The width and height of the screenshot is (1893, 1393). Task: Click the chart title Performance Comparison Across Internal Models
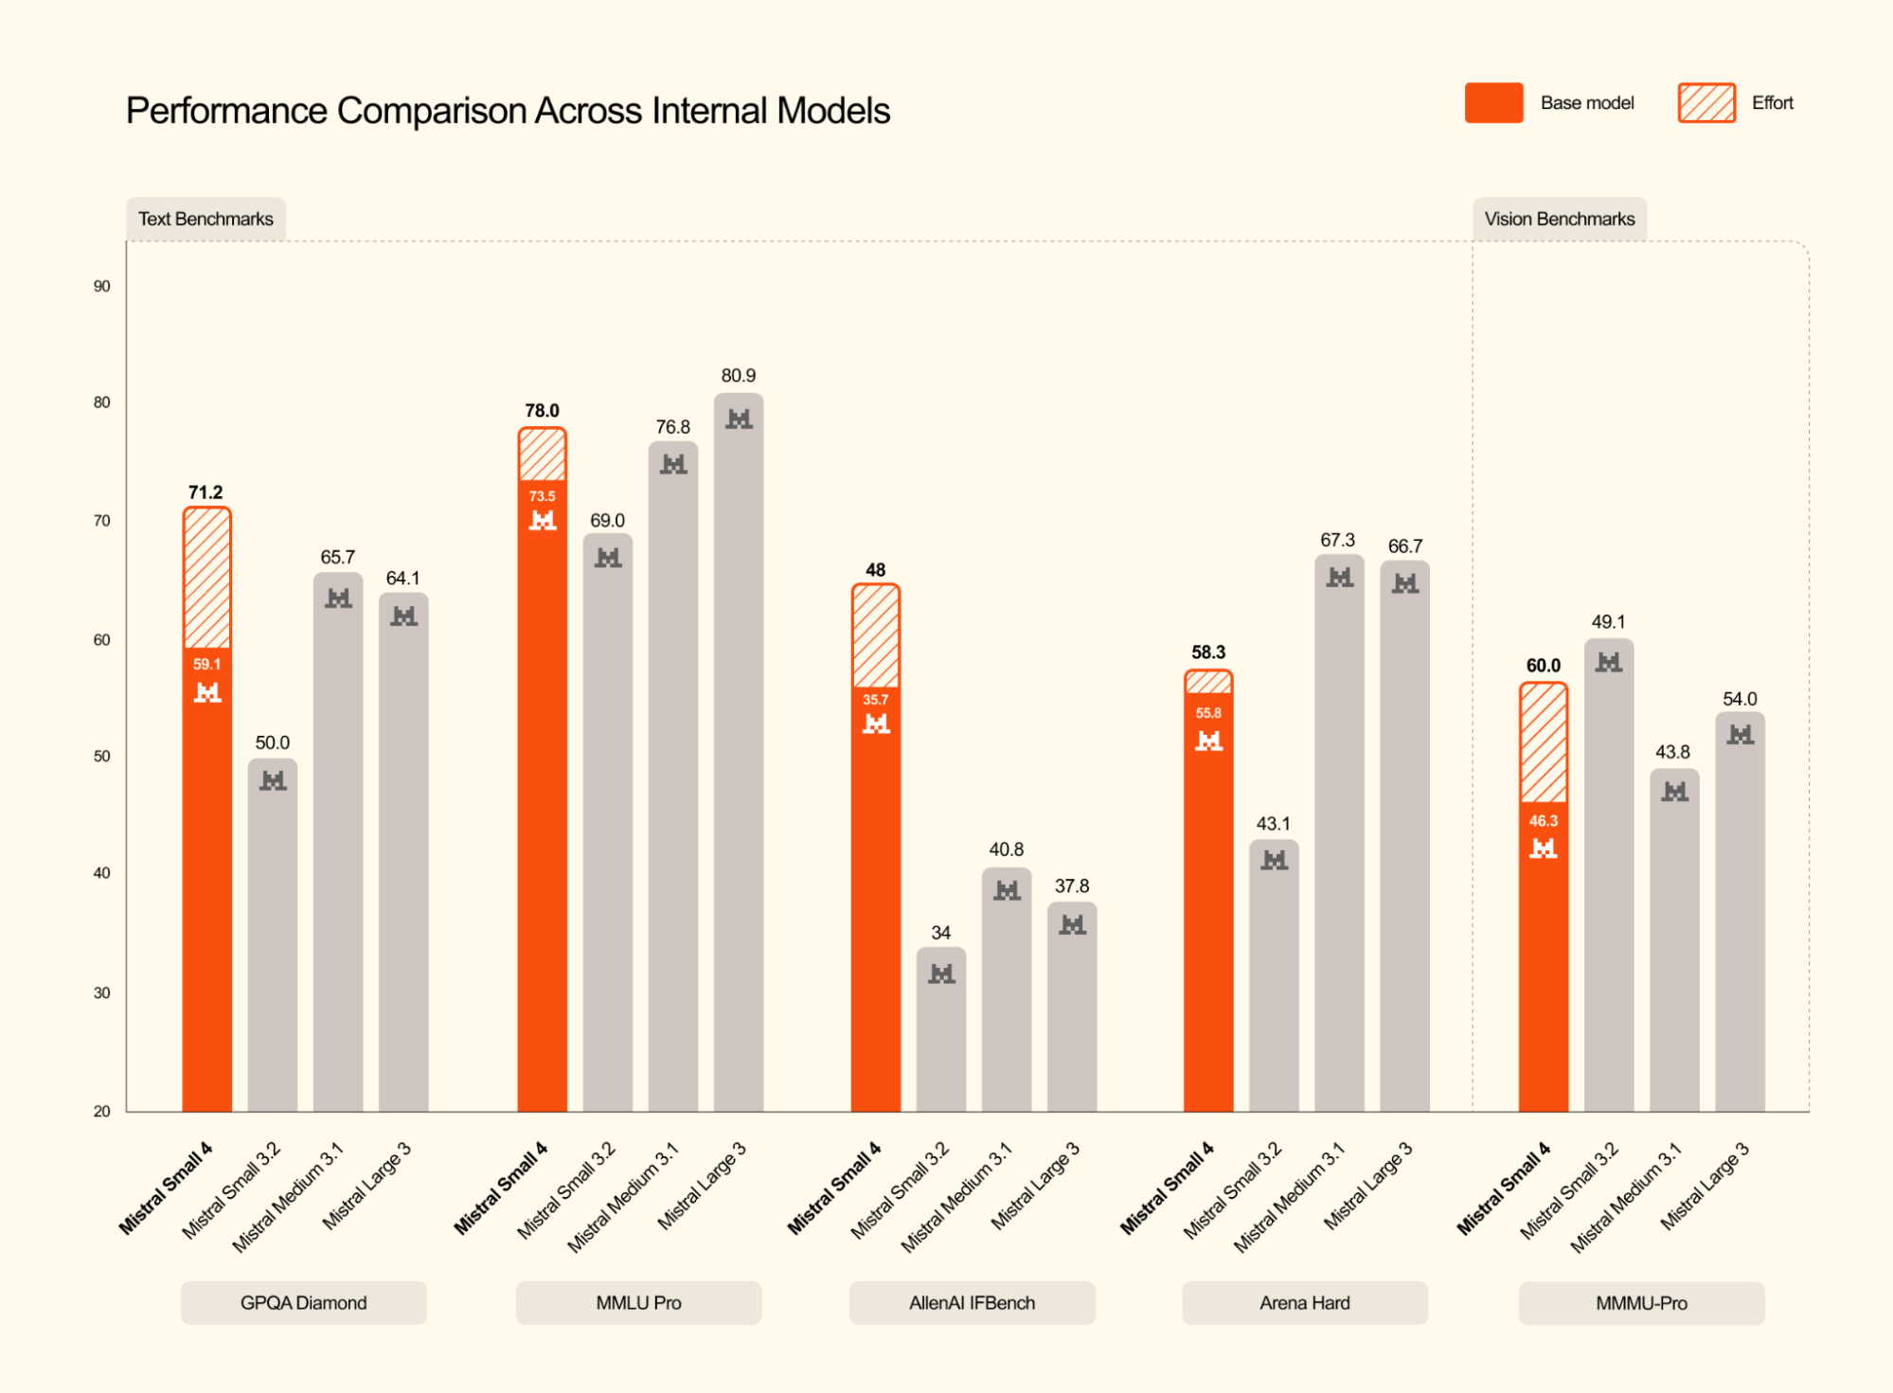508,111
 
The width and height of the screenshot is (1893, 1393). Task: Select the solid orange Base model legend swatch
1493,103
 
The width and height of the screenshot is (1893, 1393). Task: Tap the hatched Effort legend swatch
1705,103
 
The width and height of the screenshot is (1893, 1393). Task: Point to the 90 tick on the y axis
101,286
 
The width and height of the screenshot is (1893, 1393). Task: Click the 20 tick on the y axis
101,1111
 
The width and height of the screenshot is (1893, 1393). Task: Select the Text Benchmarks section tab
205,219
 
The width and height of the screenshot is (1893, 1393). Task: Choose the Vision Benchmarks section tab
1559,219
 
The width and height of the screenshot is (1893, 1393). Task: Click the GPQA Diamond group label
303,1303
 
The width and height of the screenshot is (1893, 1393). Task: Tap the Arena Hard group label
1304,1303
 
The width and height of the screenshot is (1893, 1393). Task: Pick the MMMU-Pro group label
1641,1303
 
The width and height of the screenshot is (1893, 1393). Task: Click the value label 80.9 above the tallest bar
738,376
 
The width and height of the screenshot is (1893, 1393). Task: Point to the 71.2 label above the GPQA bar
205,492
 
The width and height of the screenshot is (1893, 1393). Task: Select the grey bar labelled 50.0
273,938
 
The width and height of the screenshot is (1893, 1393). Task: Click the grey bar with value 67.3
1339,833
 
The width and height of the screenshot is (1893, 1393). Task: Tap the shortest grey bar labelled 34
940,1032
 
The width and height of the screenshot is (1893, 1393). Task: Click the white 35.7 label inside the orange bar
875,700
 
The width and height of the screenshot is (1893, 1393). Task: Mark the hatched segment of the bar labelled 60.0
1543,742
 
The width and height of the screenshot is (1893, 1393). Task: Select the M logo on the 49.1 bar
1608,663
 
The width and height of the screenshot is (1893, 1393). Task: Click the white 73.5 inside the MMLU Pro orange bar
542,496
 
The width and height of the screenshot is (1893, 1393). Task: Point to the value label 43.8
1672,752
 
